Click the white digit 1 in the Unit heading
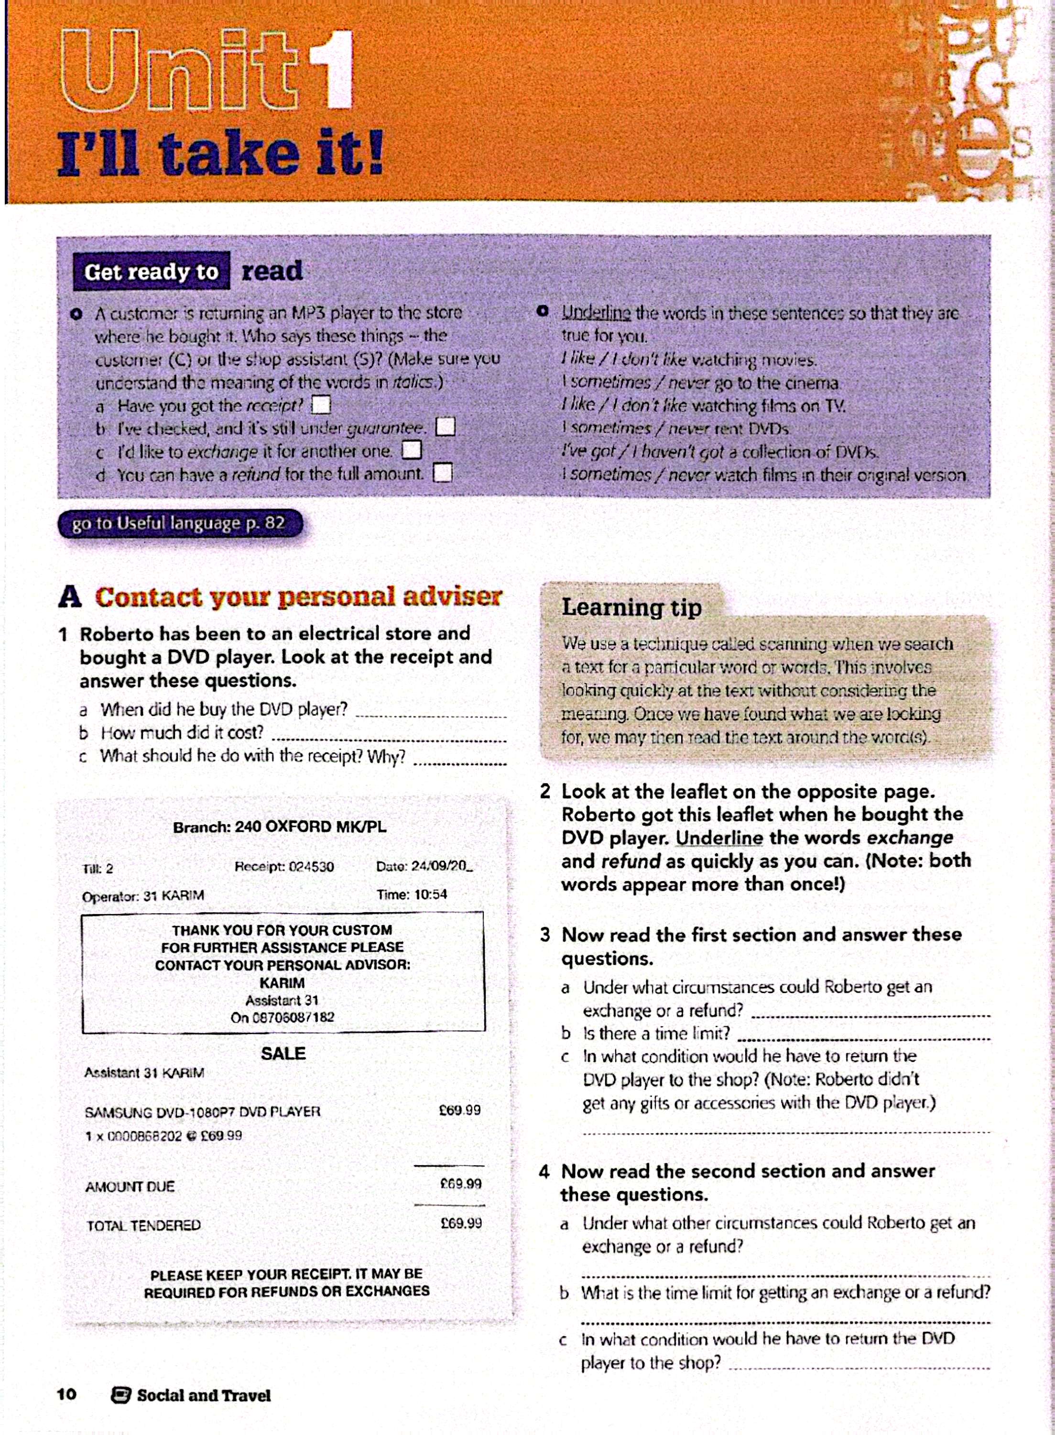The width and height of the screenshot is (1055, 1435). pos(331,70)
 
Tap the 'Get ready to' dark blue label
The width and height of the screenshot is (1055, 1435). pos(152,272)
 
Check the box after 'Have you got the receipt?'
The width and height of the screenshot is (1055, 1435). pos(321,405)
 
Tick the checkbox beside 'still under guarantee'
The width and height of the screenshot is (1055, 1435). pos(445,427)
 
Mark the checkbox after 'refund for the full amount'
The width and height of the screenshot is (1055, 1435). pos(443,474)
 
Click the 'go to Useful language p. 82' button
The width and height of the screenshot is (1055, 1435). pos(179,523)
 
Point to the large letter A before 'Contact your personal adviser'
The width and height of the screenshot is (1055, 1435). pos(70,597)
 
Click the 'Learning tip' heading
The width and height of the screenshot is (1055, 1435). pos(631,607)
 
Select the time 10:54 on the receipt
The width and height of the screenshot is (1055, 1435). pos(430,894)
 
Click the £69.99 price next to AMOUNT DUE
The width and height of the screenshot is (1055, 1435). pos(460,1184)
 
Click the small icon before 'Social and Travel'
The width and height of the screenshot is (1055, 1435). pos(120,1395)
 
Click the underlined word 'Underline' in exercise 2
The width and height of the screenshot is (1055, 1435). pos(719,838)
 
